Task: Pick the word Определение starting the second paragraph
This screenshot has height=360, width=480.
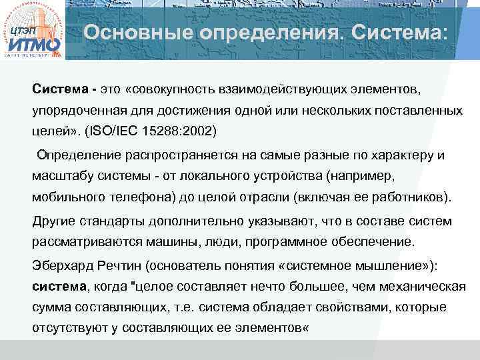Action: (79, 155)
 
